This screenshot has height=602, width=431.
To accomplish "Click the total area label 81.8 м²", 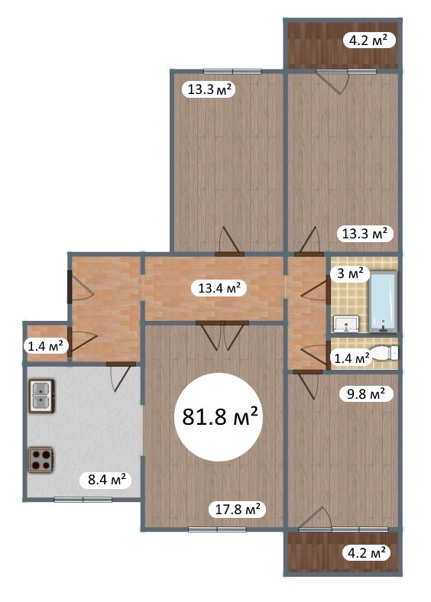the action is pyautogui.click(x=220, y=416).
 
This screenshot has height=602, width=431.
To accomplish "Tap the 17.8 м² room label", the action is pyautogui.click(x=238, y=510).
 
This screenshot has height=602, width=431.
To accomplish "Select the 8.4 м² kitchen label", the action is pyautogui.click(x=107, y=479).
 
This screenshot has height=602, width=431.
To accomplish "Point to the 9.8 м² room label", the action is pyautogui.click(x=366, y=394).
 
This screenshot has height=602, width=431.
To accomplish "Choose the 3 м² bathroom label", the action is pyautogui.click(x=350, y=273).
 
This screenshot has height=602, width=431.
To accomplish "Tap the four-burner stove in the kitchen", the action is pyautogui.click(x=41, y=460).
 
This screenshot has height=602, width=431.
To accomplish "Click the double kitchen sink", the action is pyautogui.click(x=41, y=396).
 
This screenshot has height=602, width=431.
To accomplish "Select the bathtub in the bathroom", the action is pyautogui.click(x=383, y=302).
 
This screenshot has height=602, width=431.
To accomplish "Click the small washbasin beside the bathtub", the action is pyautogui.click(x=346, y=324).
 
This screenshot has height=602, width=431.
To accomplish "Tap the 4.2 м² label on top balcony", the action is pyautogui.click(x=367, y=40).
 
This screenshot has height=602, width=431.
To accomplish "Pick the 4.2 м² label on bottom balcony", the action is pyautogui.click(x=367, y=553).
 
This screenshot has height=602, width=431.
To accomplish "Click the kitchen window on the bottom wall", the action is pyautogui.click(x=83, y=500).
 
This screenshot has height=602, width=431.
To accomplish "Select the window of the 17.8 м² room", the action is pyautogui.click(x=218, y=529).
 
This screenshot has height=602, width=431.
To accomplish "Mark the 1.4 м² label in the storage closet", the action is pyautogui.click(x=46, y=346).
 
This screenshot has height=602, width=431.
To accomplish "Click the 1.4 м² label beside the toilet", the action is pyautogui.click(x=352, y=359).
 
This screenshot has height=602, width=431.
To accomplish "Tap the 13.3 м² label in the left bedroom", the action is pyautogui.click(x=209, y=89).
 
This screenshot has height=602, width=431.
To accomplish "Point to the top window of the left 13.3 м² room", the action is pyautogui.click(x=233, y=71).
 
